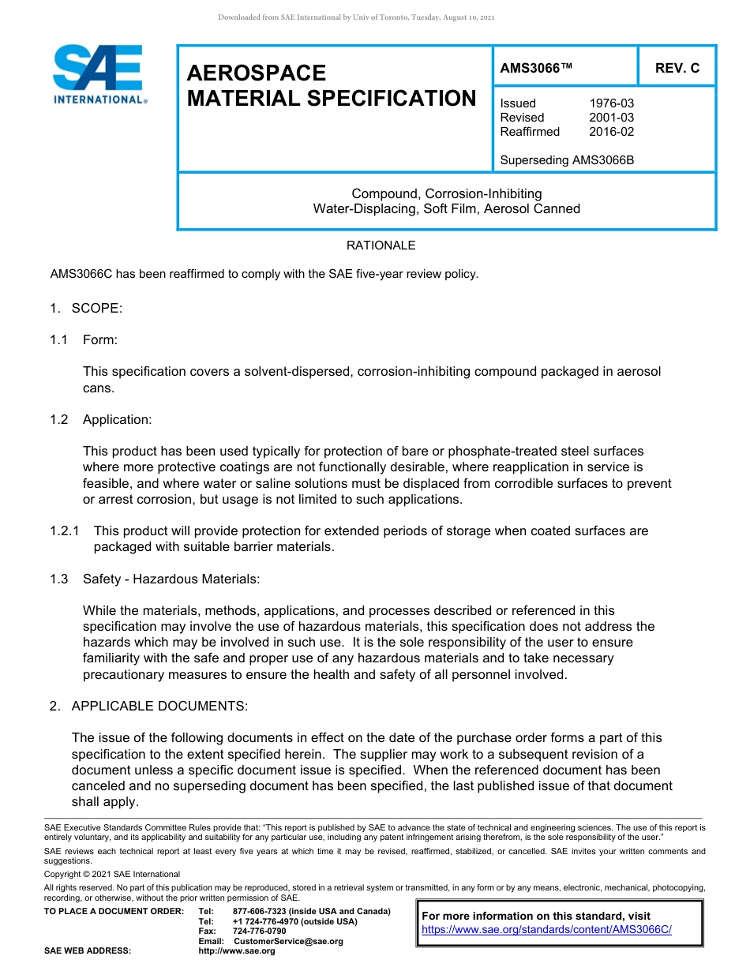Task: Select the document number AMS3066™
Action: pos(536,68)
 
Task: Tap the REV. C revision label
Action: pos(677,68)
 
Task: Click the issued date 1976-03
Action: pos(611,103)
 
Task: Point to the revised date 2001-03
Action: pos(611,118)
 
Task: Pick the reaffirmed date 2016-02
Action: pos(611,132)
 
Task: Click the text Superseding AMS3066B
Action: pos(567,160)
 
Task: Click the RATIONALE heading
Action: pos(381,246)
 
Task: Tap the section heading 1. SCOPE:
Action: pos(86,308)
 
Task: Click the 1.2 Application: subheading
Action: pos(100,419)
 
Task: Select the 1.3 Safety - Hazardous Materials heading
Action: pos(155,579)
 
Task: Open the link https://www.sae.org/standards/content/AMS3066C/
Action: pos(546,929)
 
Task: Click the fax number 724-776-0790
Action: pos(259,931)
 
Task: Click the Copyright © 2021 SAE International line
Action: pos(112,874)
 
